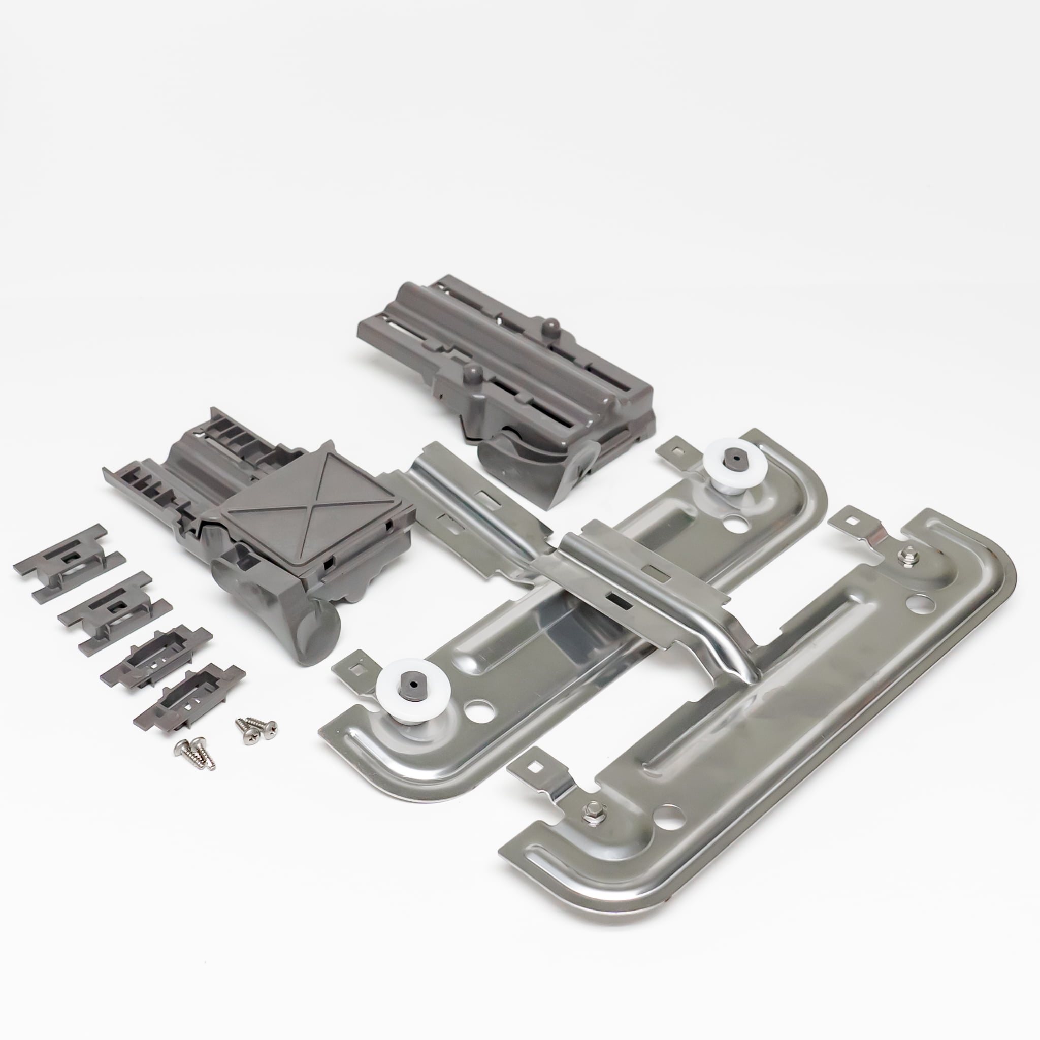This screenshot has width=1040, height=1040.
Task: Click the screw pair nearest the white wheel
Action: coord(256,728)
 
